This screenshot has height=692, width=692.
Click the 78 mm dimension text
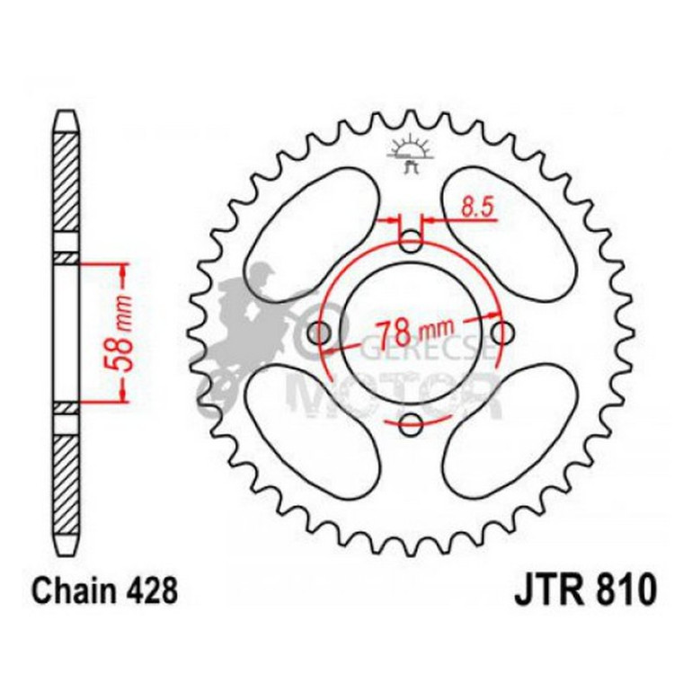click(x=413, y=332)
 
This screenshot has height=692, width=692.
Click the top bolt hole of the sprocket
click(x=411, y=241)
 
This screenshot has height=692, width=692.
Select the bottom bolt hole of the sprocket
click(x=411, y=424)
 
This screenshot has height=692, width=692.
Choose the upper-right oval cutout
click(x=509, y=224)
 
